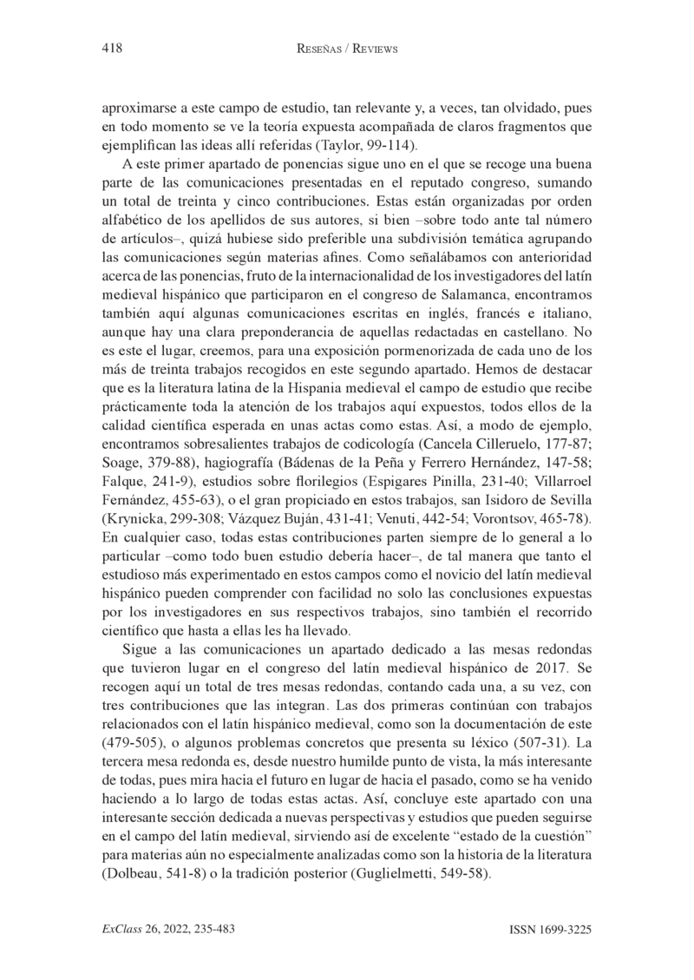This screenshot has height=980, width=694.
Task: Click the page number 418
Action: [111, 49]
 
